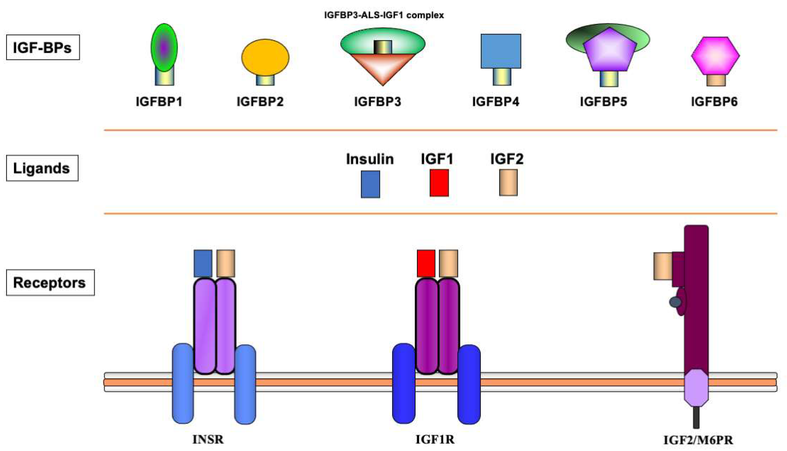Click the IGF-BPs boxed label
coord(43,47)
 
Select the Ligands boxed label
coord(42,168)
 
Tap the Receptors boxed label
coord(50,283)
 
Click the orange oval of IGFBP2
coord(265,57)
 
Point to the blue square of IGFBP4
coord(501,51)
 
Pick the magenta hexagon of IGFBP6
coord(715,56)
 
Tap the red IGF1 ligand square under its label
coord(439,183)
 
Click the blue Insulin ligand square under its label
coord(370,184)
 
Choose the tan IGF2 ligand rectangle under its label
coord(508,183)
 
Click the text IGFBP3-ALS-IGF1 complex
coord(384,15)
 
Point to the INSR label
coord(208,439)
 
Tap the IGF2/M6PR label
coord(698,440)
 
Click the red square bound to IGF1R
coord(426,263)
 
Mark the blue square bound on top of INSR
coord(203,263)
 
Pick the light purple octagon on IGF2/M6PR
coord(696,388)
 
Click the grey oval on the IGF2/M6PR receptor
coord(675,302)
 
